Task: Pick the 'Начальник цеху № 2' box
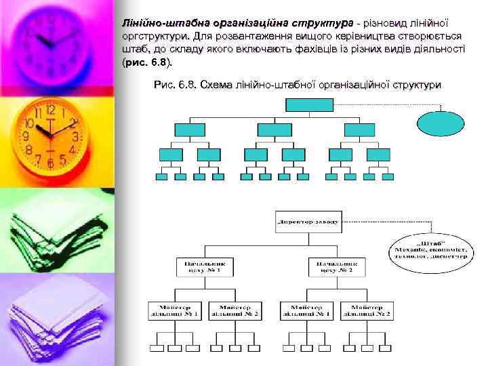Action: pyautogui.click(x=337, y=266)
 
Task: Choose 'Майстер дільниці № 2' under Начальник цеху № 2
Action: pyautogui.click(x=367, y=310)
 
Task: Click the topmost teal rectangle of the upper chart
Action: pyautogui.click(x=306, y=104)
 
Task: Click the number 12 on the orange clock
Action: pyautogui.click(x=51, y=110)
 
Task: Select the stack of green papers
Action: pyautogui.click(x=47, y=230)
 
